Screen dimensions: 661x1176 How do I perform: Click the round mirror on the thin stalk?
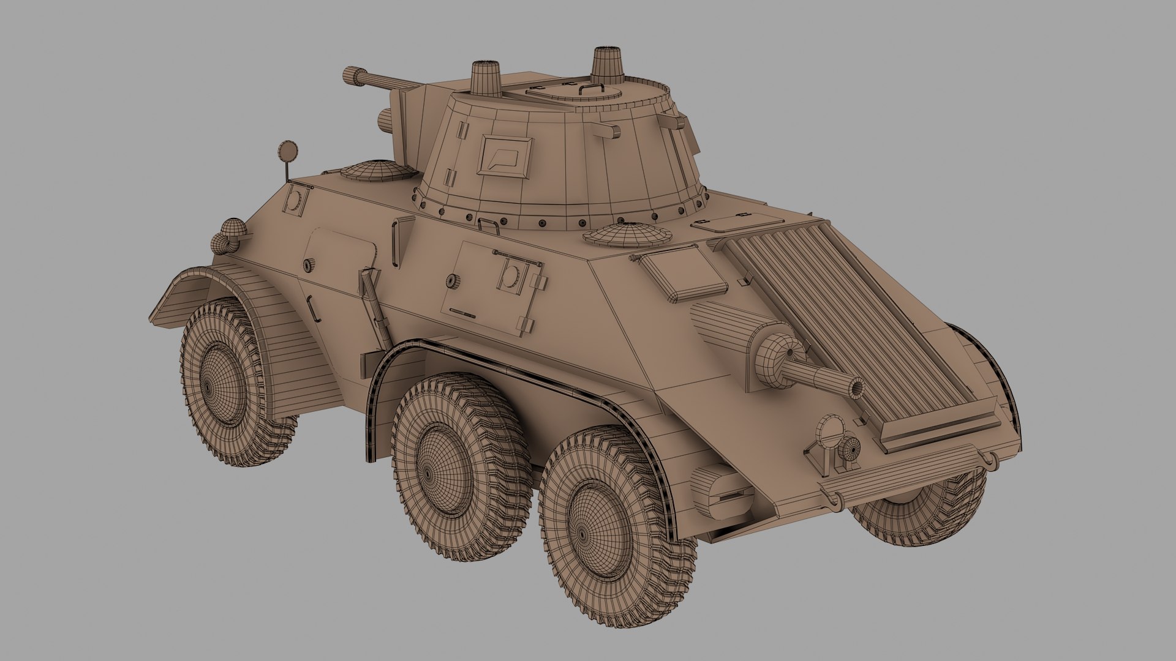[286, 150]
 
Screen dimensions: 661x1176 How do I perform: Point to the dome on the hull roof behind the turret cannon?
[375, 170]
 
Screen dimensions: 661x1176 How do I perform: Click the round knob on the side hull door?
[452, 280]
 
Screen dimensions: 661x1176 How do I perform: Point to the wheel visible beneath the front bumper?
[919, 508]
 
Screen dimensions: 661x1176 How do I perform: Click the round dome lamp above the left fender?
[233, 230]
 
